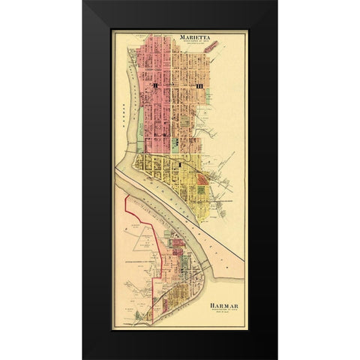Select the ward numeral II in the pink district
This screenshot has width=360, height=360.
[155, 88]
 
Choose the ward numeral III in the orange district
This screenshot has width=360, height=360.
[199, 88]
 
